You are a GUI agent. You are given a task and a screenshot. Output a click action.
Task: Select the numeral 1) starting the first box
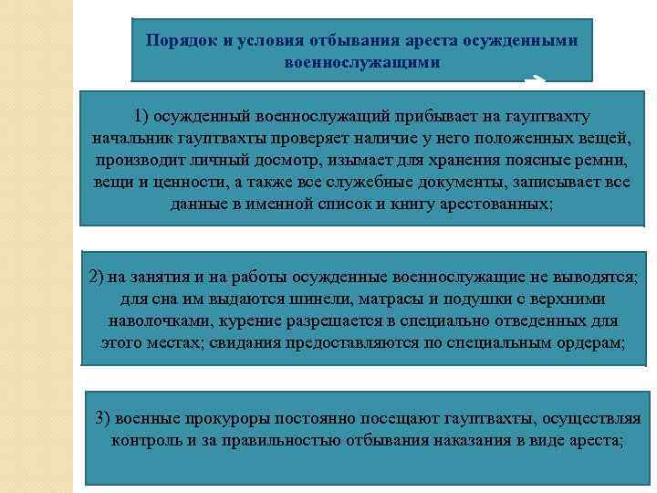pos(141,117)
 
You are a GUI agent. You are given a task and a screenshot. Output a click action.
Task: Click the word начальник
pos(127,138)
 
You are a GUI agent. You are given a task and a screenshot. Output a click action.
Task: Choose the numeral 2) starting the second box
pos(99,277)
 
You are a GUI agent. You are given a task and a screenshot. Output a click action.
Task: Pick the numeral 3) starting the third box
pos(103,419)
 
